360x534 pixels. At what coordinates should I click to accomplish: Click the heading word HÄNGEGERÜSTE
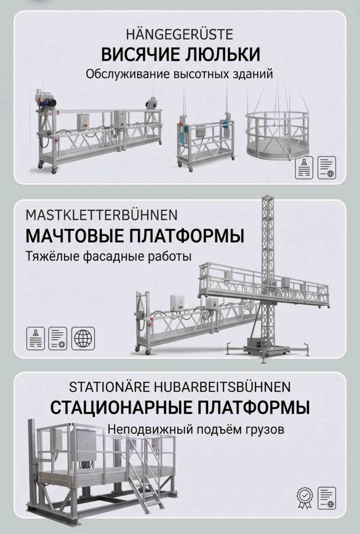click(x=180, y=34)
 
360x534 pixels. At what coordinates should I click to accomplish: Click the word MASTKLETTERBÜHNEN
click(x=102, y=215)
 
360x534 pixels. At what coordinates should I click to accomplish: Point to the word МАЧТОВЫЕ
click(x=74, y=236)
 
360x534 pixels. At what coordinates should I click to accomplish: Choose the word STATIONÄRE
click(x=109, y=387)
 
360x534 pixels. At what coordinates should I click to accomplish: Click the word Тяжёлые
click(x=52, y=256)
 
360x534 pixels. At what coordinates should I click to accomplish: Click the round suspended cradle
click(x=277, y=134)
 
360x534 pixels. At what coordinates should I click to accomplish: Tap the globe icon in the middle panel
click(x=83, y=339)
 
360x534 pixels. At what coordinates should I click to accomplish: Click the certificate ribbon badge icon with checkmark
click(x=304, y=498)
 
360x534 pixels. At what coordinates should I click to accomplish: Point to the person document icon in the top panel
click(x=304, y=168)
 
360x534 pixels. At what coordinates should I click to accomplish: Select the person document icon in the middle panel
click(x=36, y=339)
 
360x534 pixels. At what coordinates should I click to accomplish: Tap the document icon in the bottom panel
click(x=327, y=498)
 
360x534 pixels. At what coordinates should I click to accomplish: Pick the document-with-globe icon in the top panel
click(x=327, y=168)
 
